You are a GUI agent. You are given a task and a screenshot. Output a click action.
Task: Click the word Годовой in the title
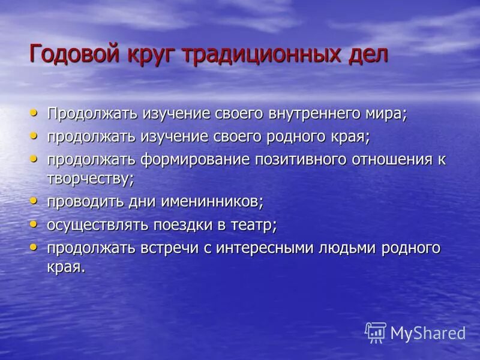[x=74, y=54]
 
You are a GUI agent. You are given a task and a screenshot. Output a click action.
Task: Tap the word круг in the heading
[x=150, y=55]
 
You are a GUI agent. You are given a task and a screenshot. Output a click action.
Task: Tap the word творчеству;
[x=91, y=178]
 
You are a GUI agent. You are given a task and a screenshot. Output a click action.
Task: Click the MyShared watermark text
[x=428, y=333]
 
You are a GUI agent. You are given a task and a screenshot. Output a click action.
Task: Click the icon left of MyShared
[x=376, y=332]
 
